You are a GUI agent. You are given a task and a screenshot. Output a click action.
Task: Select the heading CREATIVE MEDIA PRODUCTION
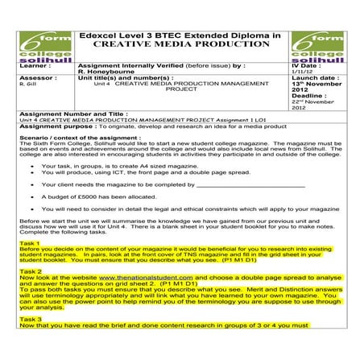[x=182, y=46]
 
